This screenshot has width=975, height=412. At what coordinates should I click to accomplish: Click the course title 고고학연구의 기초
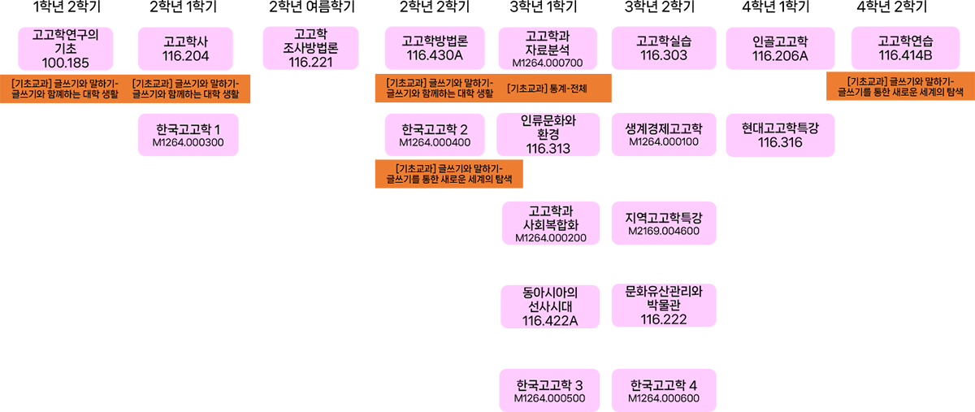point(64,41)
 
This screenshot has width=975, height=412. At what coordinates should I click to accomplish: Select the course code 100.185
point(64,63)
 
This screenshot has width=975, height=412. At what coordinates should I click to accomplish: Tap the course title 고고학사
point(186,41)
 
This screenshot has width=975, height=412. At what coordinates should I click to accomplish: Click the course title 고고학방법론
point(435,41)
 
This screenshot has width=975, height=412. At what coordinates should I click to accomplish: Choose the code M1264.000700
point(548,63)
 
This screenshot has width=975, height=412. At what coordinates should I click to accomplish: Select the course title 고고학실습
point(664,41)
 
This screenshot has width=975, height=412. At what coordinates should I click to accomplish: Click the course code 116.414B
point(905,55)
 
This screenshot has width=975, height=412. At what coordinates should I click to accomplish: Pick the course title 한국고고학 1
point(188,130)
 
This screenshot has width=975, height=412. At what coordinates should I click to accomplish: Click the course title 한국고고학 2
point(435,130)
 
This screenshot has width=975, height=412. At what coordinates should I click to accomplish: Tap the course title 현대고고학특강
point(780,128)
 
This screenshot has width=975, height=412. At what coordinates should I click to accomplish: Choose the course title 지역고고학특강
point(664,218)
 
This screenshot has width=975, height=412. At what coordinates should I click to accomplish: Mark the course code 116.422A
point(550,320)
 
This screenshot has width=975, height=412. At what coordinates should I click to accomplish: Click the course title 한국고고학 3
point(550,384)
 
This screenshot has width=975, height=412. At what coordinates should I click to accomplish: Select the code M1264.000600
point(664,398)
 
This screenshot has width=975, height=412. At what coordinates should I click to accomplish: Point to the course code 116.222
point(664,319)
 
